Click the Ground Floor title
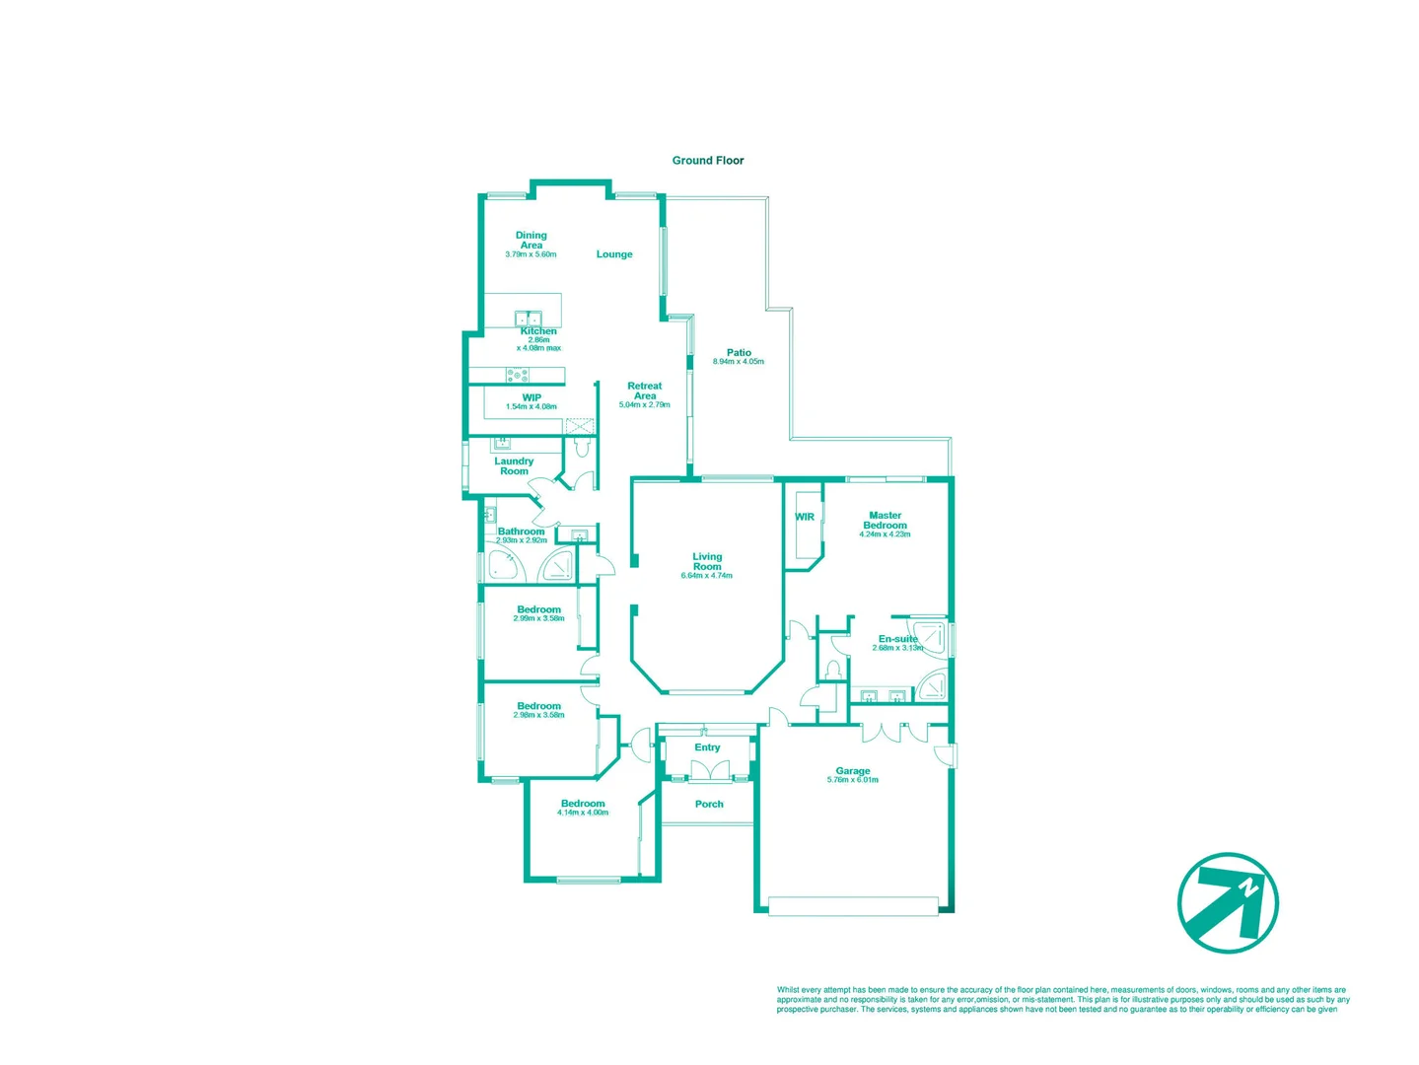[x=707, y=160]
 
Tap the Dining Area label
[x=531, y=240]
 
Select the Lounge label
[x=613, y=254]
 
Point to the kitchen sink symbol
[x=528, y=319]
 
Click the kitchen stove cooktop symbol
[x=517, y=375]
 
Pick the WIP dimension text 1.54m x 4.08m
[x=531, y=407]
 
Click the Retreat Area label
[x=644, y=390]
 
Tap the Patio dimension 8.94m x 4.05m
[x=738, y=362]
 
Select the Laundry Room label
[x=513, y=466]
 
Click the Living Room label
[x=706, y=561]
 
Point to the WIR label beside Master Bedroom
[x=805, y=517]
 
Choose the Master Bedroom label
[x=885, y=520]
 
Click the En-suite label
[x=897, y=639]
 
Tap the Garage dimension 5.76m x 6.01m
[x=852, y=780]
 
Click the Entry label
[x=707, y=747]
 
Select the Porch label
[x=708, y=804]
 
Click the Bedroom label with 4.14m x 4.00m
[x=582, y=803]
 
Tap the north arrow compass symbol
[x=1228, y=902]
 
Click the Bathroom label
[x=521, y=532]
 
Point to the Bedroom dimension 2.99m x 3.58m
[x=538, y=618]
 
